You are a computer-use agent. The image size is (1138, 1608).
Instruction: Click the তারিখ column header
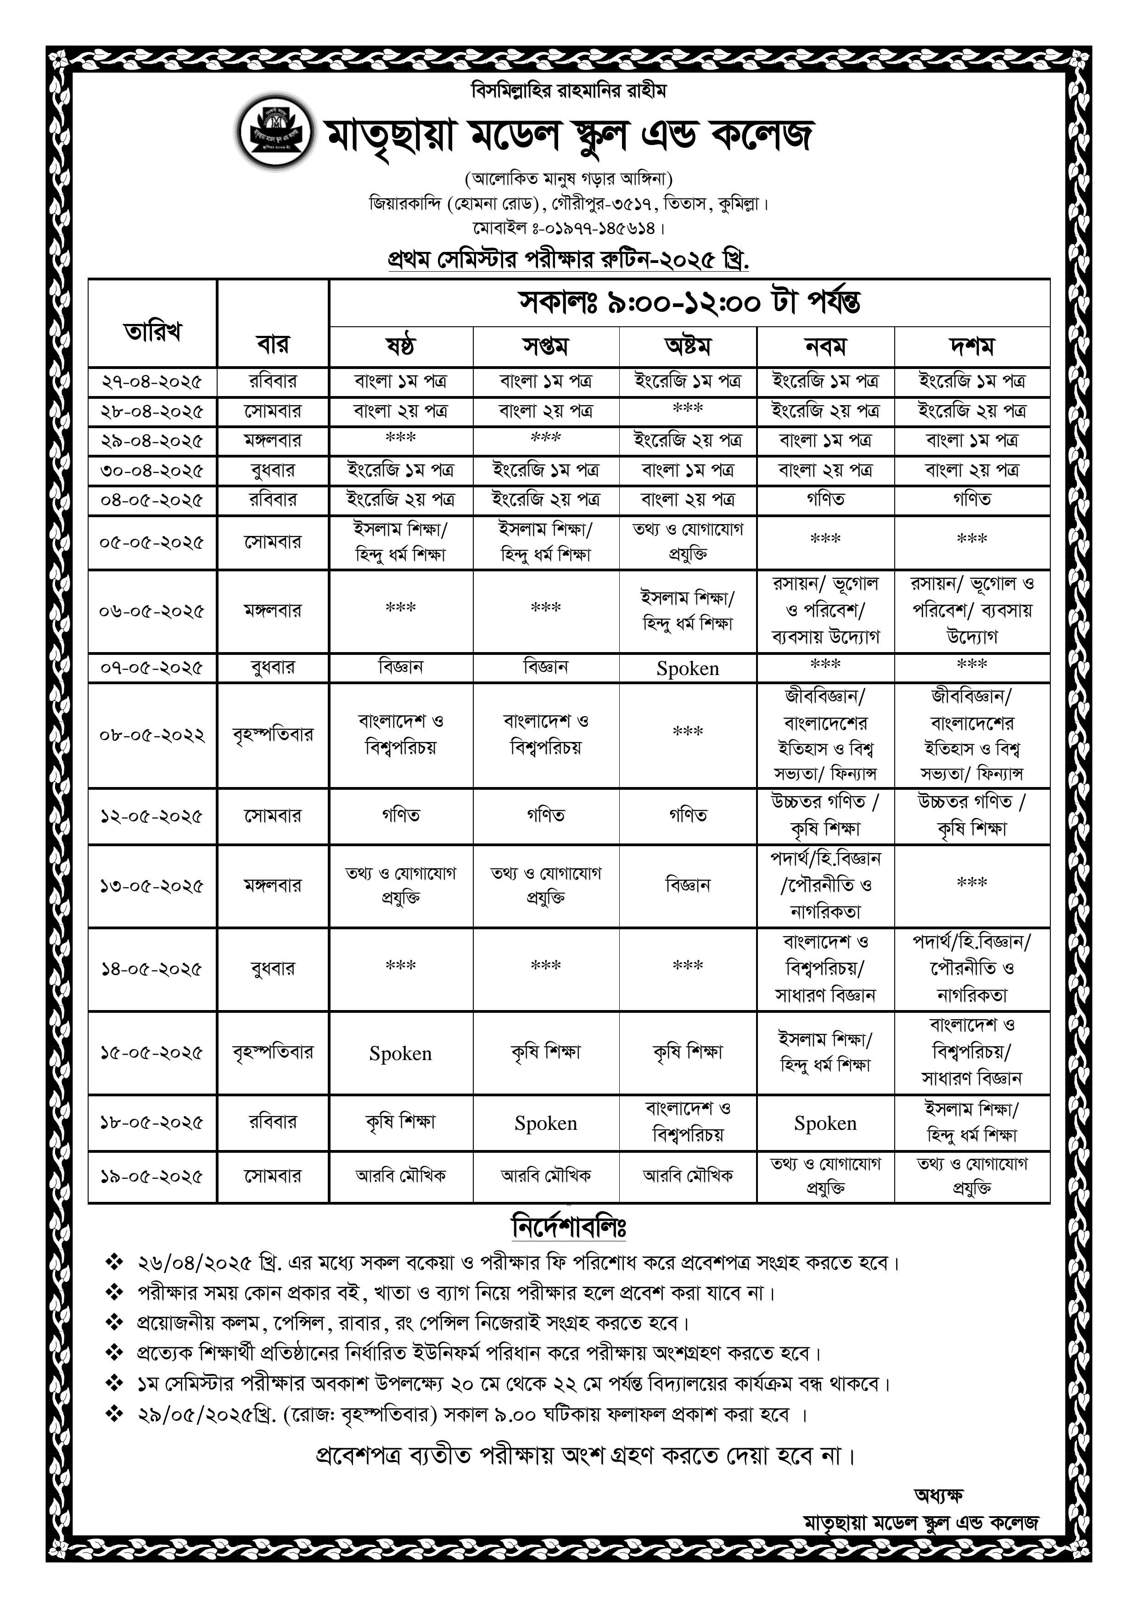click(153, 331)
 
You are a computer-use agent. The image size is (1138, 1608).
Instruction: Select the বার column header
click(273, 345)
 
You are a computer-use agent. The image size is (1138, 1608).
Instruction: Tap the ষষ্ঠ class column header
click(401, 346)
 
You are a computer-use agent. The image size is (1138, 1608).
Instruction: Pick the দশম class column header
click(972, 346)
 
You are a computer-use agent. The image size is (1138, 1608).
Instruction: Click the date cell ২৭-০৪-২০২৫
click(152, 382)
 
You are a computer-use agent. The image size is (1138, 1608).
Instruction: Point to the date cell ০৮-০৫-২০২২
click(152, 735)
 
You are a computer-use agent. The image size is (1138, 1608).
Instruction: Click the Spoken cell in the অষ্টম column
click(687, 669)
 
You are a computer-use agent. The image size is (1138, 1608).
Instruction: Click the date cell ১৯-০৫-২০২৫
click(152, 1177)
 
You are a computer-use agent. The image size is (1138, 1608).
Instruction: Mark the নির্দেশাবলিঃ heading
click(569, 1228)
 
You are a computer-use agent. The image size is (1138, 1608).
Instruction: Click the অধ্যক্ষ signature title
click(939, 1495)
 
